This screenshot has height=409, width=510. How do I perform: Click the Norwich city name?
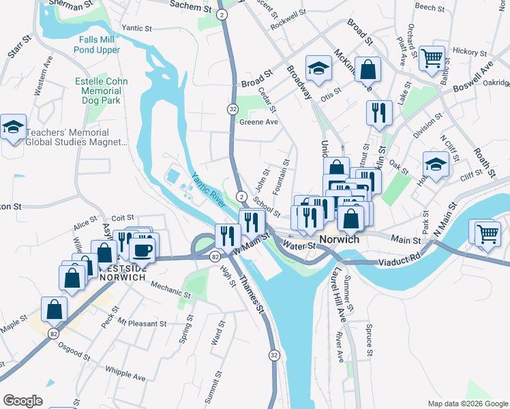(338, 240)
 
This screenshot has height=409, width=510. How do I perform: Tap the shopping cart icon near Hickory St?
(432, 57)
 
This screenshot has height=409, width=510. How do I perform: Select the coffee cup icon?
(142, 249)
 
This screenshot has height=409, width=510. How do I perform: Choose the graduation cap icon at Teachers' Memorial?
(13, 127)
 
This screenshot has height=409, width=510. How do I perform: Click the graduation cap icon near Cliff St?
(436, 164)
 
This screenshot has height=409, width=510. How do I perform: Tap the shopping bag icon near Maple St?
(54, 308)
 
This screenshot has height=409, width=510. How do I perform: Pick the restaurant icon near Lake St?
(378, 112)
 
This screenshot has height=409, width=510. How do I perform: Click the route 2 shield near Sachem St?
(222, 14)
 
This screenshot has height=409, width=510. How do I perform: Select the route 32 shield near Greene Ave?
(232, 109)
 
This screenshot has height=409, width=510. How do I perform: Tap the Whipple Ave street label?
(125, 373)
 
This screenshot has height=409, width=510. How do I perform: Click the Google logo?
(23, 401)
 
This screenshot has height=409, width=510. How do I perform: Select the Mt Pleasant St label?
(142, 322)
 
